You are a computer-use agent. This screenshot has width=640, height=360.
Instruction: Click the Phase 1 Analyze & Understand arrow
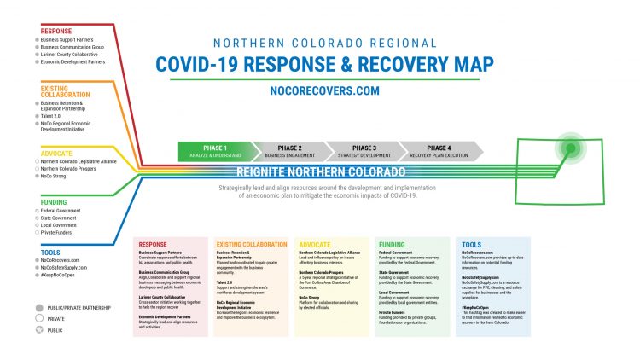213,151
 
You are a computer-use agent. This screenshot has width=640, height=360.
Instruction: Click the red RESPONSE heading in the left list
56,32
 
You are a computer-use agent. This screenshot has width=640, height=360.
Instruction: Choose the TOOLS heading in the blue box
471,245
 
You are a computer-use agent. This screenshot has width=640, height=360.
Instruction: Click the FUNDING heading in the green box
392,245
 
